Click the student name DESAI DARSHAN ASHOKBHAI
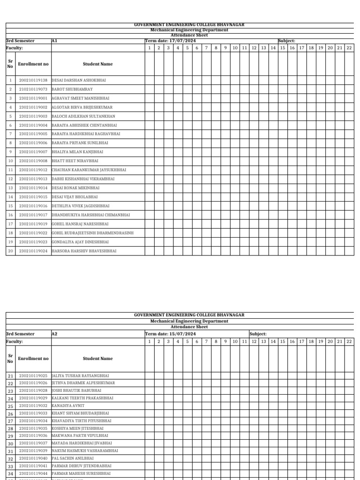pyautogui.click(x=79, y=80)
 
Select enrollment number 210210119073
pyautogui.click(x=33, y=89)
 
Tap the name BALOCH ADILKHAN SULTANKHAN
pyautogui.click(x=83, y=116)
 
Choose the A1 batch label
pyautogui.click(x=54, y=41)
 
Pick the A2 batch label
pyautogui.click(x=54, y=334)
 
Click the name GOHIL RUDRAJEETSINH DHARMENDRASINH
pyautogui.click(x=92, y=232)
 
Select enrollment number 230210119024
pyautogui.click(x=33, y=251)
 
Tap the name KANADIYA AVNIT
pyautogui.click(x=69, y=405)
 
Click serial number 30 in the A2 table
pyautogui.click(x=10, y=443)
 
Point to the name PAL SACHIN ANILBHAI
pyautogui.click(x=73, y=458)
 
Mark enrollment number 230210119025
pyautogui.click(x=33, y=375)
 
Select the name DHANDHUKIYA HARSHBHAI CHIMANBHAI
pyautogui.click(x=90, y=215)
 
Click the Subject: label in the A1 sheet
pyautogui.click(x=286, y=41)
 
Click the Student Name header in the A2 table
pyautogui.click(x=97, y=359)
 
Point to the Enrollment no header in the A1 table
pyautogui.click(x=33, y=64)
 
